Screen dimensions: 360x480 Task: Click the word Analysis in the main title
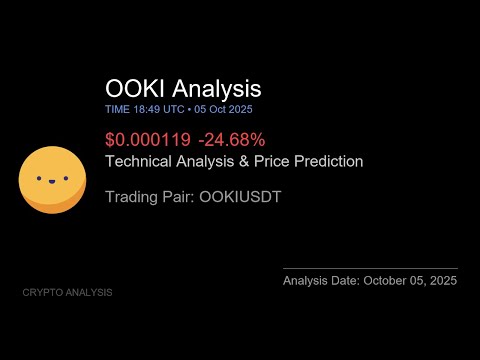coord(215,89)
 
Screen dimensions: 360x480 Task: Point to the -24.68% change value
coord(230,140)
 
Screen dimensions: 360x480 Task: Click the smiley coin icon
coord(52,180)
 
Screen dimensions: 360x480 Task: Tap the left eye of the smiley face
coord(41,180)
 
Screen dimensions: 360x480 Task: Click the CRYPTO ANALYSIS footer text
coord(67,292)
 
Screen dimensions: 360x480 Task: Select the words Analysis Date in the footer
coord(321,281)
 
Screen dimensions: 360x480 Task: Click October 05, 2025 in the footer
coord(410,281)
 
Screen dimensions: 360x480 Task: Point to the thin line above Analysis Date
coord(370,268)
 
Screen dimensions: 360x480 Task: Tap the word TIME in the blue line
coord(116,108)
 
